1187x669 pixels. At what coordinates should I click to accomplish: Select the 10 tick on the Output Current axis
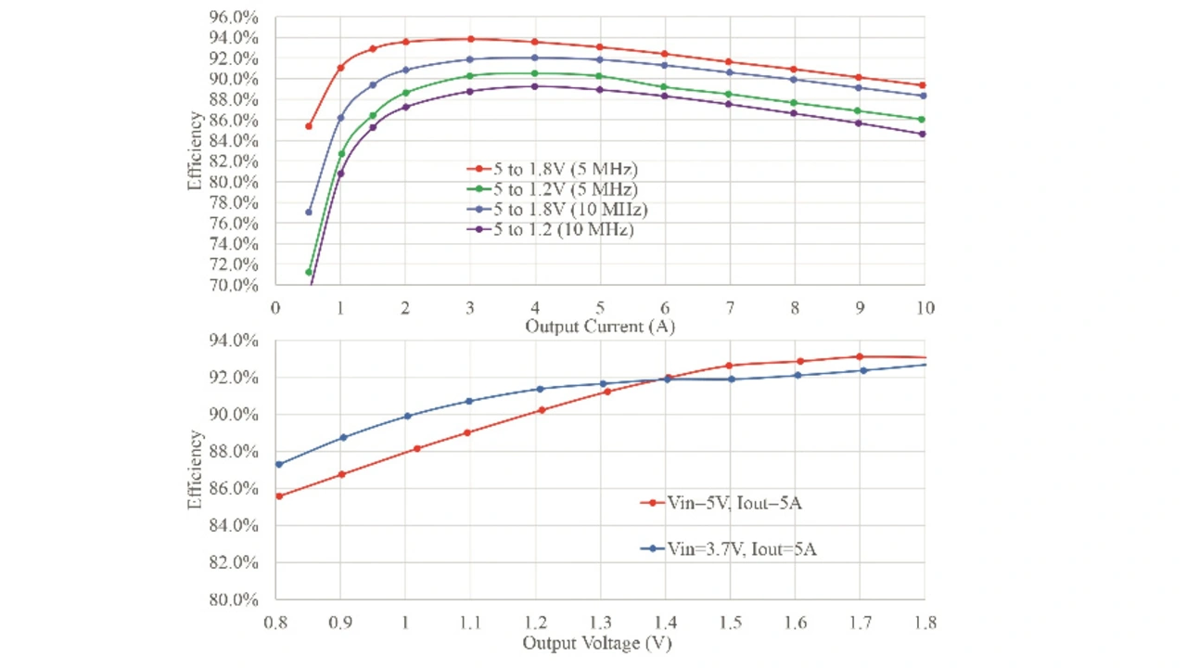click(x=925, y=307)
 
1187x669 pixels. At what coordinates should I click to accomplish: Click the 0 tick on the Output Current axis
click(x=275, y=307)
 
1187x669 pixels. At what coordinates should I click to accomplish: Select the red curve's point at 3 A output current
click(x=470, y=39)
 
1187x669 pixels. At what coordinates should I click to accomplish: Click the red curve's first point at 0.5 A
click(x=309, y=126)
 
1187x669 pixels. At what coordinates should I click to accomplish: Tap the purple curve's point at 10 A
click(x=923, y=134)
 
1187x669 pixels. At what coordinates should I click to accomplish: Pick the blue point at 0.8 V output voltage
click(x=278, y=464)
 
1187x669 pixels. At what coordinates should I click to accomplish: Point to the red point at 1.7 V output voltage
click(x=859, y=356)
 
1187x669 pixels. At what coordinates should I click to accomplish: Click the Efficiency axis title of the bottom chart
click(x=196, y=470)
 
